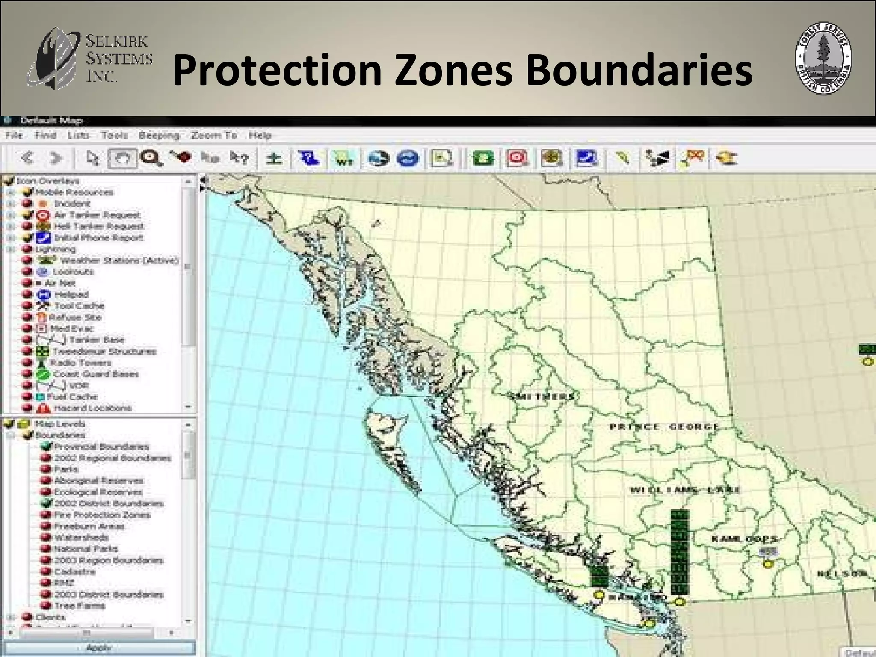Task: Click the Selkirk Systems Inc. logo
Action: (x=89, y=58)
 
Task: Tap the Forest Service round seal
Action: (x=823, y=59)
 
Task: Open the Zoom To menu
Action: (x=214, y=136)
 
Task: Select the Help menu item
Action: (x=260, y=136)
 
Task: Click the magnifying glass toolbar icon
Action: (x=151, y=158)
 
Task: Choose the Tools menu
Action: (x=114, y=136)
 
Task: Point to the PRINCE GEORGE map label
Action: (x=663, y=426)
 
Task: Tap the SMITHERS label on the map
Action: (x=542, y=397)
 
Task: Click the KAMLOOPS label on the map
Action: (x=743, y=539)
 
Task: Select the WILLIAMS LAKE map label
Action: (x=684, y=490)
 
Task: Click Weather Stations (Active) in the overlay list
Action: (x=119, y=260)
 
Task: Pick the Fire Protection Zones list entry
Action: (x=102, y=515)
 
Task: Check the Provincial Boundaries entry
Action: (x=101, y=447)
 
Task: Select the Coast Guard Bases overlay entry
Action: (x=96, y=374)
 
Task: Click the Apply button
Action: (x=99, y=648)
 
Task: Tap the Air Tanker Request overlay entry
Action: (x=97, y=215)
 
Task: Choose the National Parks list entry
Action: (x=86, y=549)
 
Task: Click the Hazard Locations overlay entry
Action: (x=92, y=408)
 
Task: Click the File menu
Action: (x=14, y=136)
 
